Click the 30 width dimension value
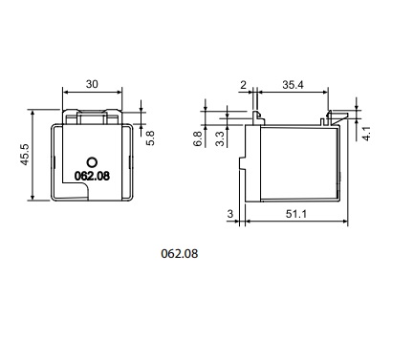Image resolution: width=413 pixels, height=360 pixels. tap(92, 84)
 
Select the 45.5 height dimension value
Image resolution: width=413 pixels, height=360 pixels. tap(25, 155)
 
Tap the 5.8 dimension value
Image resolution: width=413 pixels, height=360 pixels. tap(150, 138)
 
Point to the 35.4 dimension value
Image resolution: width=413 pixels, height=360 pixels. tap(293, 85)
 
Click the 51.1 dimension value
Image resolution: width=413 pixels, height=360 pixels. tap(296, 214)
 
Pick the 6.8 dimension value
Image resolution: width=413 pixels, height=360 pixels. tap(198, 138)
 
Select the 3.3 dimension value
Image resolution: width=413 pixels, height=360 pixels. tap(220, 138)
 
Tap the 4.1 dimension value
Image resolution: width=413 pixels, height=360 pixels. tap(366, 134)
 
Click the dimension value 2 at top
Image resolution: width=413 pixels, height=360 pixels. tap(243, 85)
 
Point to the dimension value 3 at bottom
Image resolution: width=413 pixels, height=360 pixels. tap(230, 214)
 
